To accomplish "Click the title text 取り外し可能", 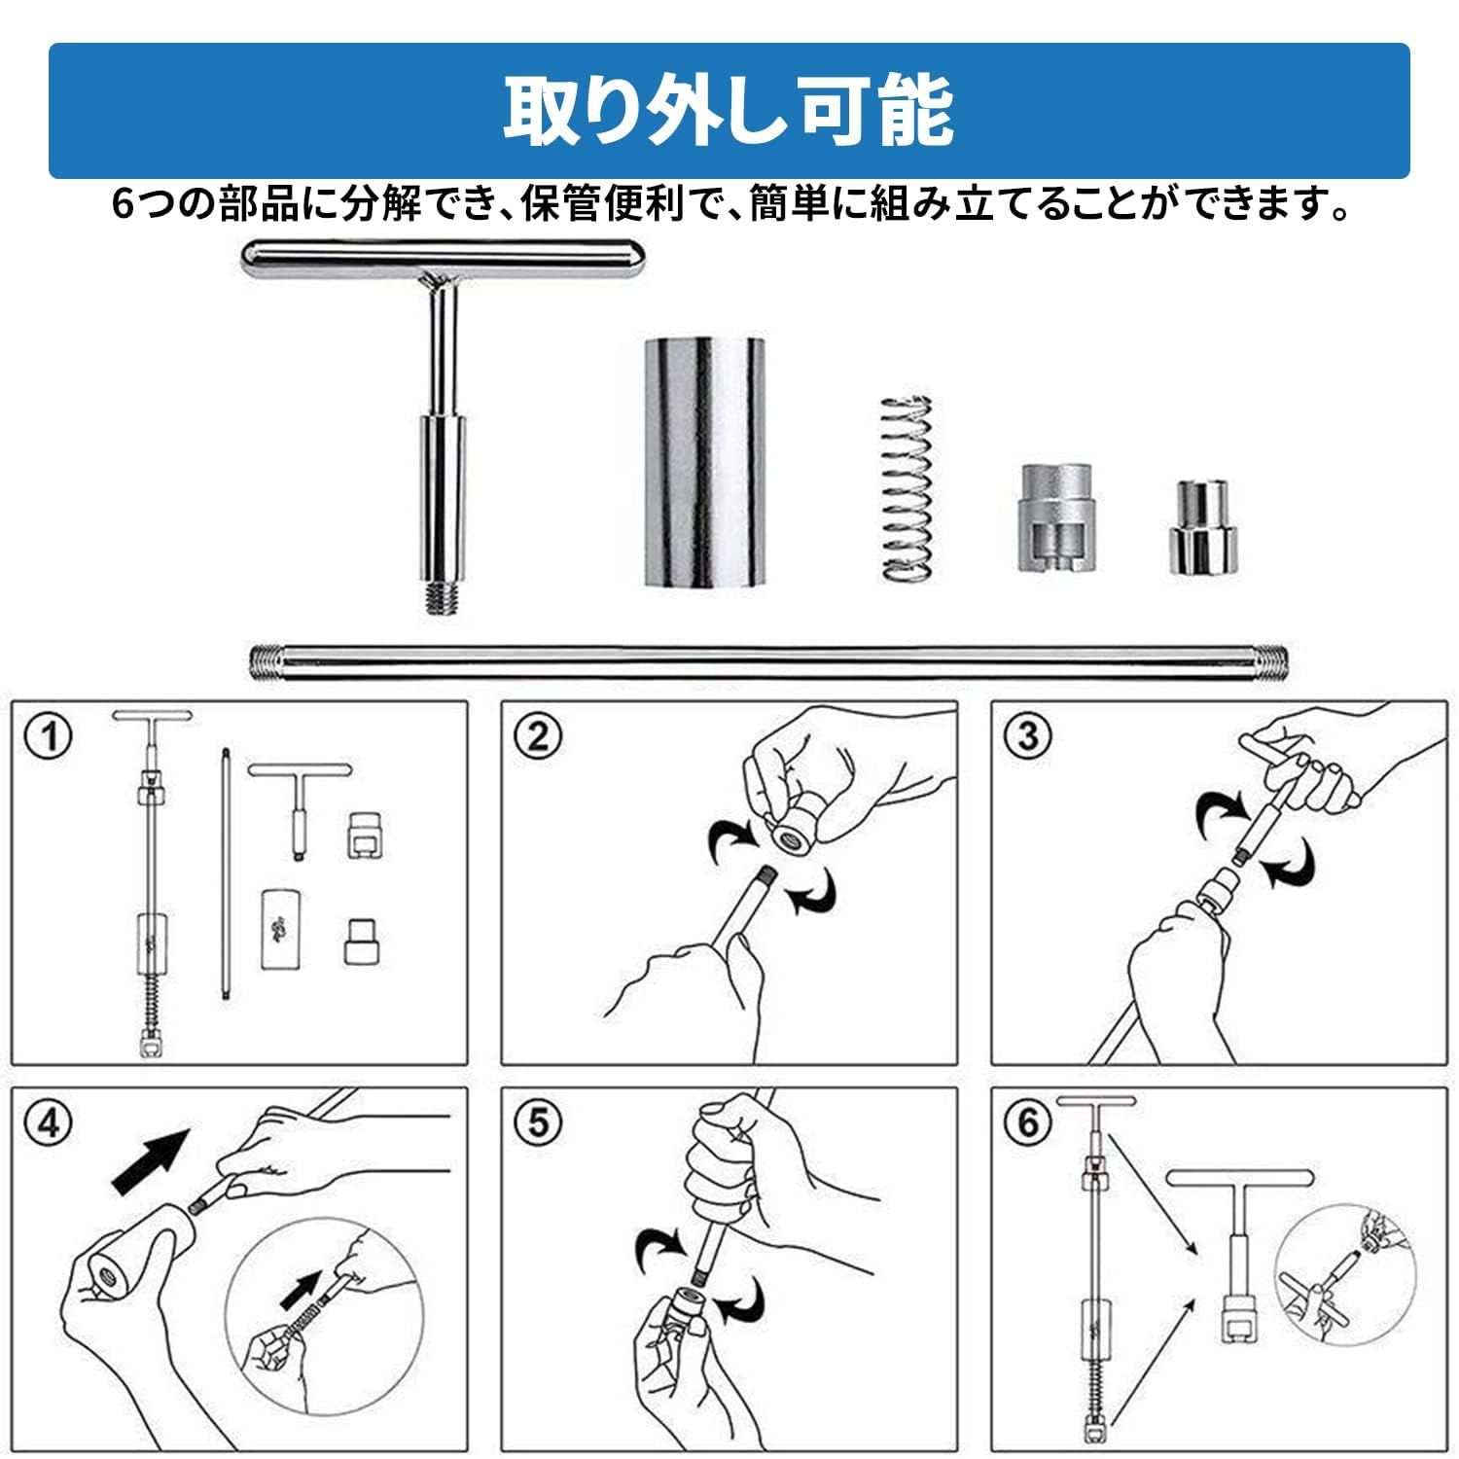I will click(x=728, y=112).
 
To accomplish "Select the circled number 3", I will click(x=1028, y=736).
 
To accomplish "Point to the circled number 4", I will click(x=49, y=1124).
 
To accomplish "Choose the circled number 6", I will click(x=1028, y=1124).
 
